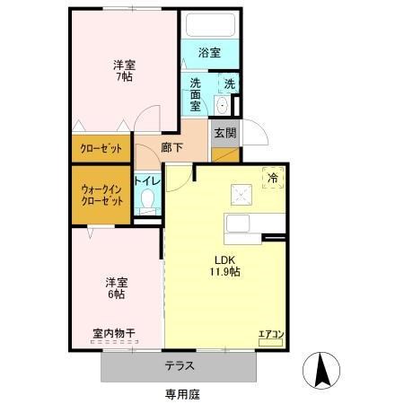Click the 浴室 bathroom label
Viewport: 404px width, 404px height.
209,53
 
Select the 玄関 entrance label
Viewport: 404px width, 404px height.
225,134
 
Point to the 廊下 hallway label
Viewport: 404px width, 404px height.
172,148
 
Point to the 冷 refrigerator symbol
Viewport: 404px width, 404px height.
271,178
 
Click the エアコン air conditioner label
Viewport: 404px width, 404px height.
271,336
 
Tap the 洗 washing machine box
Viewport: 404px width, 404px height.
229,83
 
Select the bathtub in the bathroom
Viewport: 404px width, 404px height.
209,27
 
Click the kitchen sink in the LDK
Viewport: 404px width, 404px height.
240,225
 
